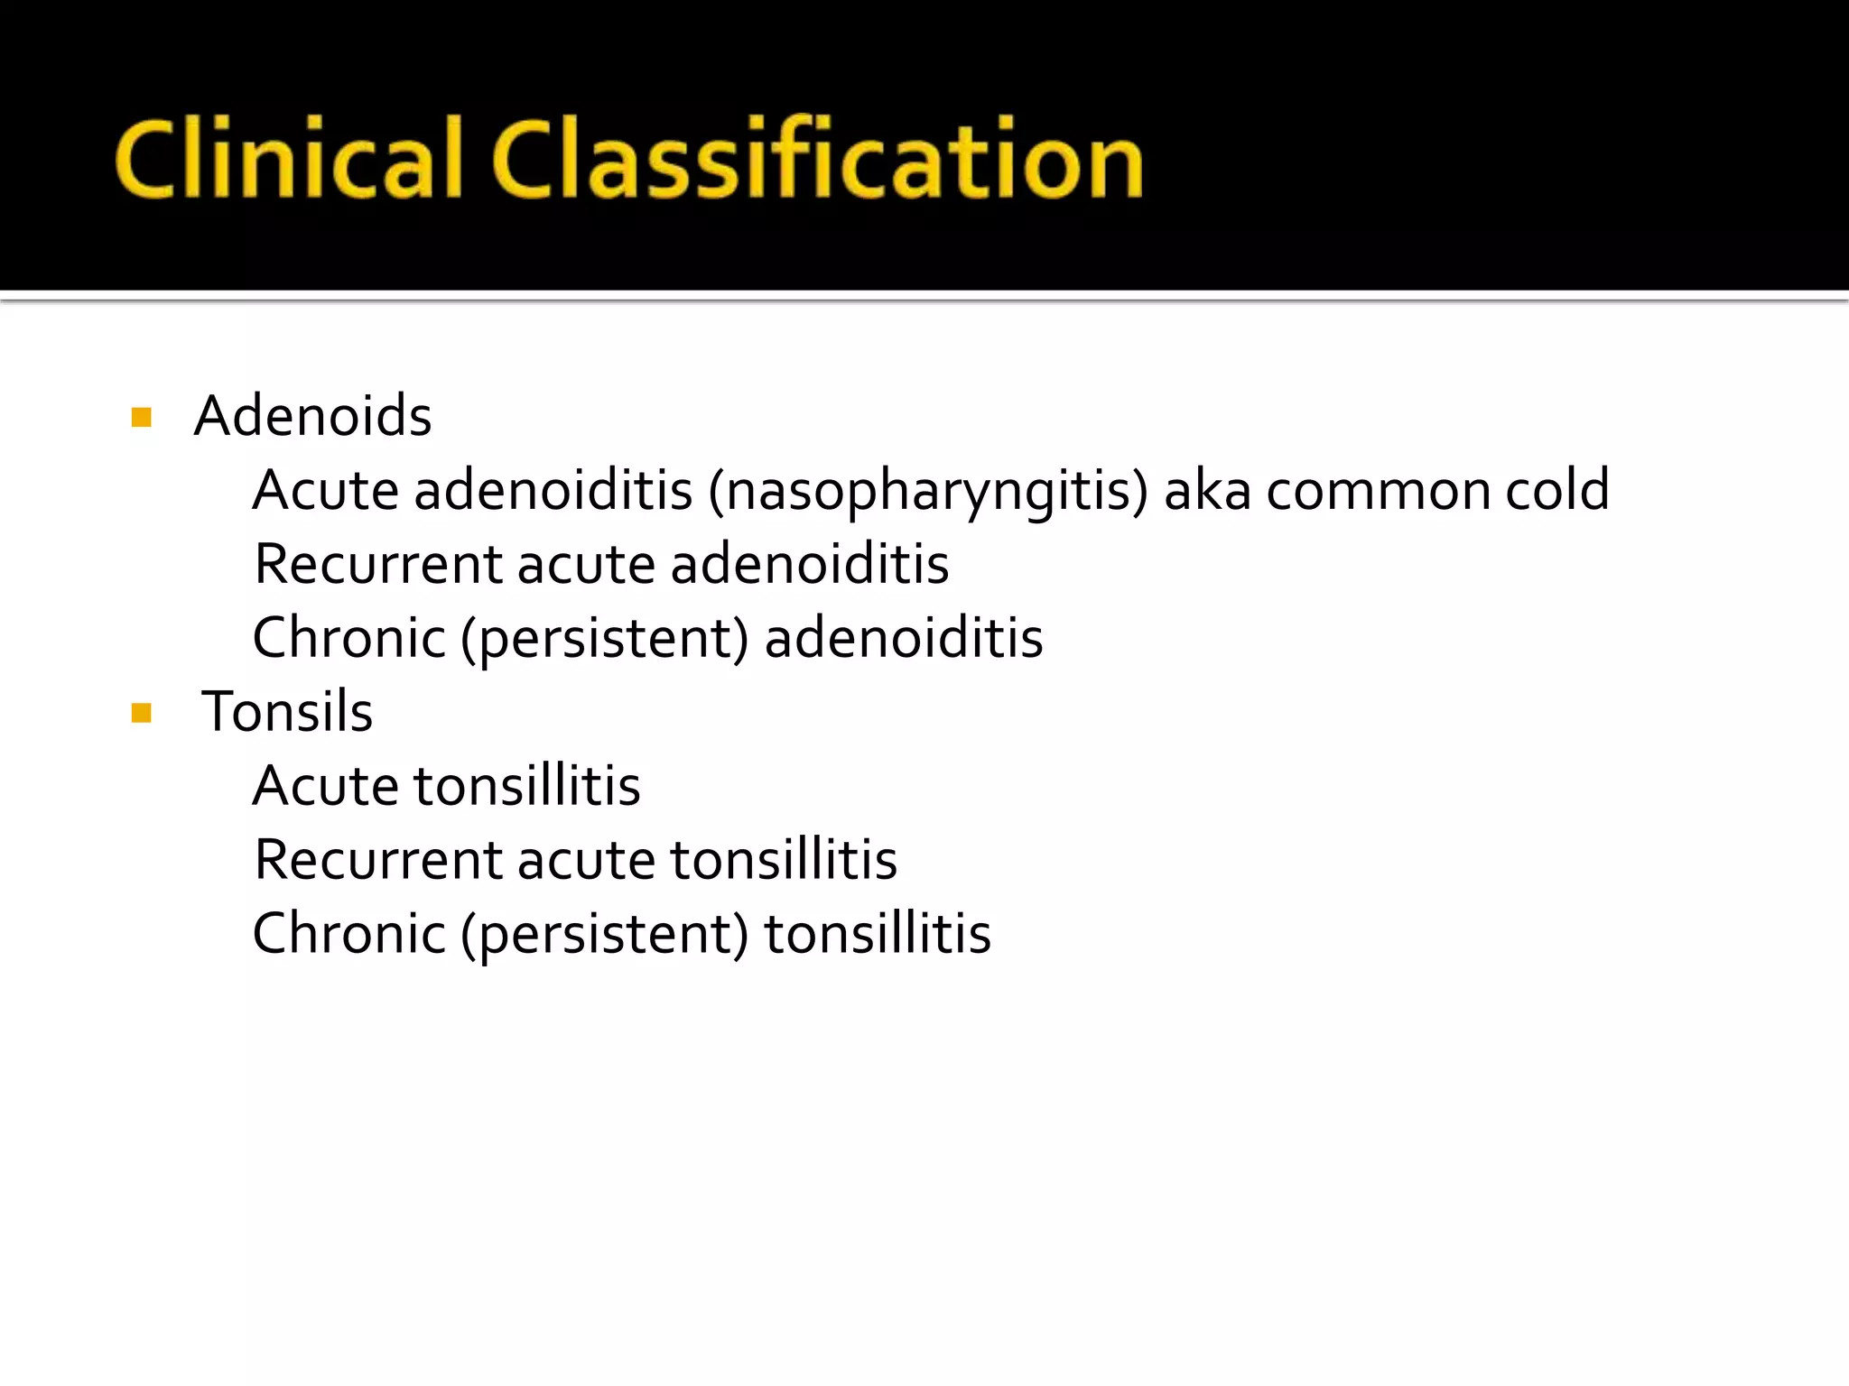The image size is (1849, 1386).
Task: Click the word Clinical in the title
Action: (288, 160)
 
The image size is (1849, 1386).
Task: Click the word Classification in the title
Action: (818, 160)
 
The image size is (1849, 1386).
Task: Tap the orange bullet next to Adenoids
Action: (142, 417)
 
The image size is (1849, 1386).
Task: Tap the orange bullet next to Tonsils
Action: (142, 714)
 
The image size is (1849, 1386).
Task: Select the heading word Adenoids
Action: (312, 416)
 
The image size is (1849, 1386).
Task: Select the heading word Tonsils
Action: (287, 712)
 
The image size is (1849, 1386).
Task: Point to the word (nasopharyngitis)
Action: (928, 493)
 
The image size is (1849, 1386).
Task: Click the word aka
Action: (1207, 491)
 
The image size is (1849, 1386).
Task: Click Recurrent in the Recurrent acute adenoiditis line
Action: (377, 565)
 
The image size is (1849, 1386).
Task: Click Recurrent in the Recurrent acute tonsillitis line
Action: (377, 860)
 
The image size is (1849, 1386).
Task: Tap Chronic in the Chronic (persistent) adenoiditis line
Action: (348, 638)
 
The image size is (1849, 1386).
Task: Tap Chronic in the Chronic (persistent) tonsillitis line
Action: (348, 934)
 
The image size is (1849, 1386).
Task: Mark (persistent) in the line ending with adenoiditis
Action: (605, 640)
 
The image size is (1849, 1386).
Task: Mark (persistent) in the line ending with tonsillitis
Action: (605, 936)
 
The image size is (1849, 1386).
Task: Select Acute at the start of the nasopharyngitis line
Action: (325, 491)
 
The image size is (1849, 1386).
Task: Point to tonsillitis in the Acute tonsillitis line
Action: (527, 786)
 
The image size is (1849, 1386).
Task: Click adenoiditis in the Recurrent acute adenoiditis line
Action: (810, 565)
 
